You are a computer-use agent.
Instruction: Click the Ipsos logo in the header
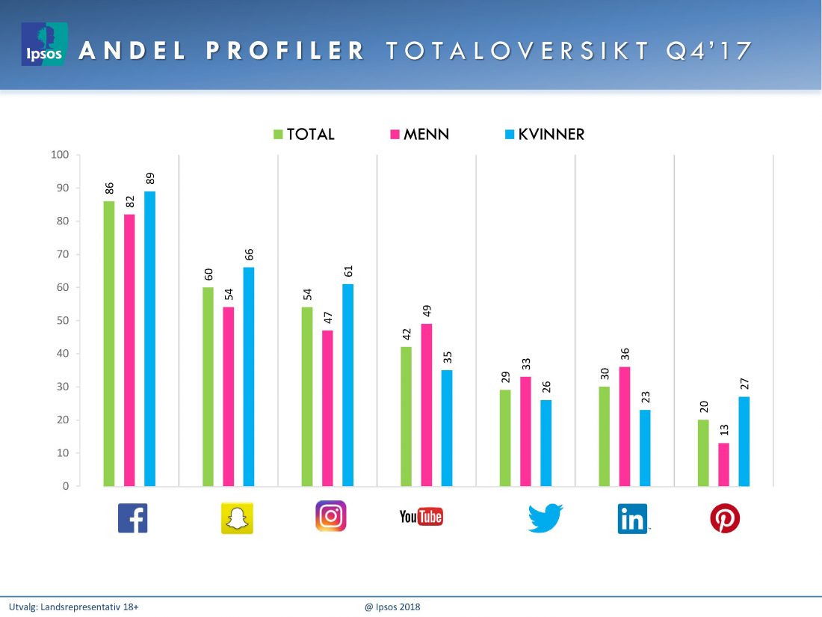(44, 44)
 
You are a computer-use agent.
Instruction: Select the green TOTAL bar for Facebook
(109, 343)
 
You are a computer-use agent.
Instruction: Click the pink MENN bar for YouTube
(426, 405)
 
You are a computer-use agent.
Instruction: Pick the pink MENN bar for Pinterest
(723, 464)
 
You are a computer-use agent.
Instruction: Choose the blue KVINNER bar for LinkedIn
(645, 447)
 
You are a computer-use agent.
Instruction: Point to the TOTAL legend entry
(303, 135)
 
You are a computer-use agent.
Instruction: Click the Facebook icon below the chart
(133, 518)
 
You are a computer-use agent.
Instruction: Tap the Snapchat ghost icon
(237, 518)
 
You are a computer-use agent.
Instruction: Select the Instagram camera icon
(331, 516)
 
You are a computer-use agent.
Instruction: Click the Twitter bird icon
(545, 518)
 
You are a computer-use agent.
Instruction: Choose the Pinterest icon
(724, 518)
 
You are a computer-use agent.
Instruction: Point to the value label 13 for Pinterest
(724, 429)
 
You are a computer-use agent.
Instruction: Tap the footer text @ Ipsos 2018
(392, 607)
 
